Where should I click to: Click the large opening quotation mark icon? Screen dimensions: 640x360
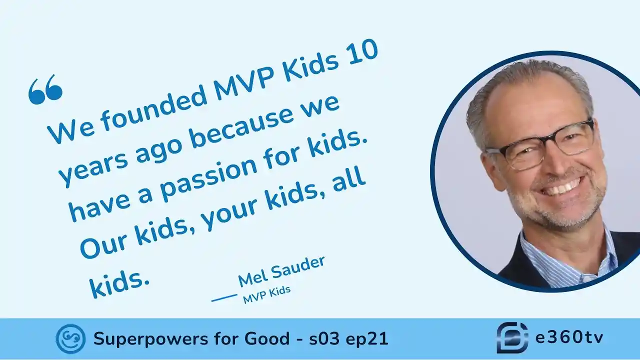(45, 89)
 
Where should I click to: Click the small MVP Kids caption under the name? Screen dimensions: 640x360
(267, 294)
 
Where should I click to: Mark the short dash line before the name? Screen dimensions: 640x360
(224, 297)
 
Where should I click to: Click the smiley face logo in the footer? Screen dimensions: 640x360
(70, 339)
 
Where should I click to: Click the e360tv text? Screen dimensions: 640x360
(569, 337)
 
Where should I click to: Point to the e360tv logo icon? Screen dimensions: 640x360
(512, 337)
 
